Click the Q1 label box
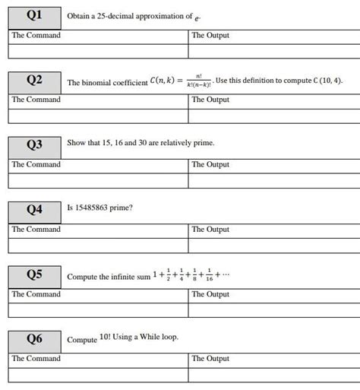[34, 15]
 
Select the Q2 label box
[34, 80]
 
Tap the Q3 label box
[34, 144]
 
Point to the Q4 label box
[34, 209]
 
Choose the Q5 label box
[34, 274]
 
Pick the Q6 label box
[34, 339]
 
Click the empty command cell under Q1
[98, 51]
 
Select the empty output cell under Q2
[273, 116]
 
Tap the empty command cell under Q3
[98, 181]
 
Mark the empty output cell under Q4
[273, 246]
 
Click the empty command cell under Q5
[98, 310]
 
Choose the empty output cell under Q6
[273, 375]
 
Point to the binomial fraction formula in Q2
[198, 79]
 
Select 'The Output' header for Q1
[210, 36]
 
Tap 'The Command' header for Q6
[36, 359]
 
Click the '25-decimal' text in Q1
[112, 15]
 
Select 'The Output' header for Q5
[210, 294]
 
